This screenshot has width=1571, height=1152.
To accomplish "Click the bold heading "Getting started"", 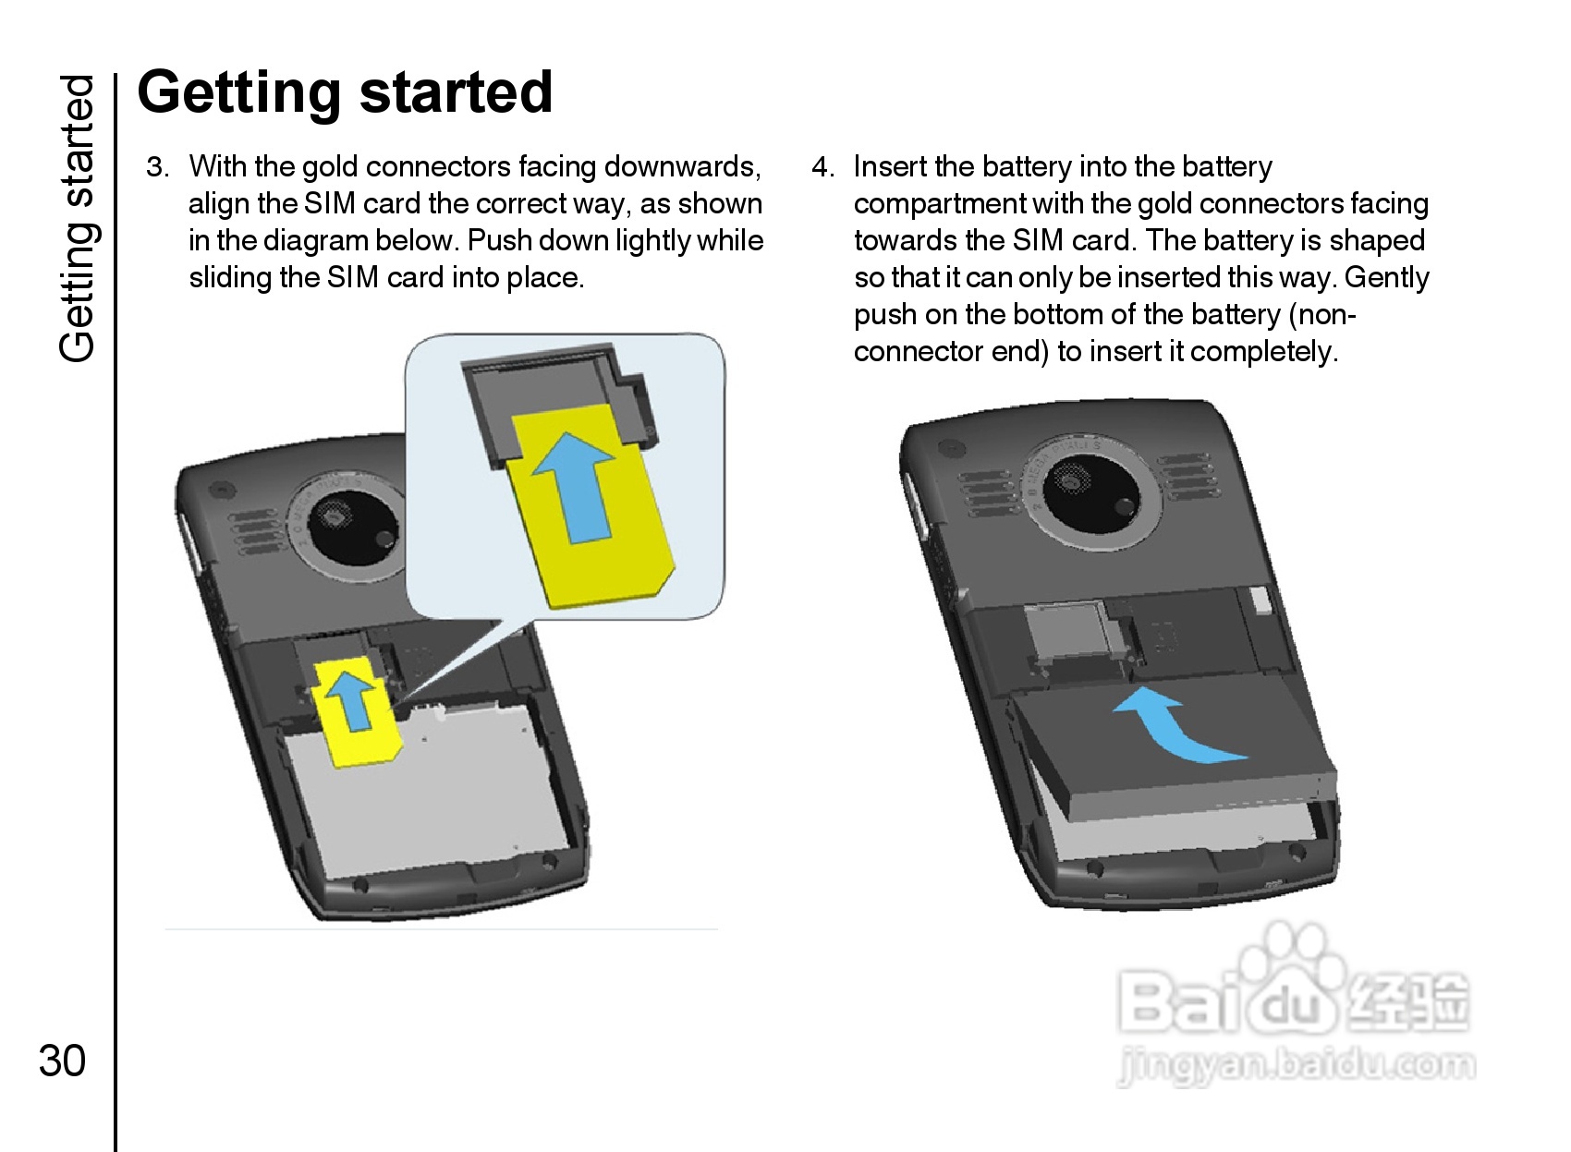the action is (x=345, y=92).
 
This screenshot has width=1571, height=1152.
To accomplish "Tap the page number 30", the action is (x=62, y=1061).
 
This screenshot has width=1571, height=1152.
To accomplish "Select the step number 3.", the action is (x=157, y=167).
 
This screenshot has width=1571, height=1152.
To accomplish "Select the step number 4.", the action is (x=822, y=167).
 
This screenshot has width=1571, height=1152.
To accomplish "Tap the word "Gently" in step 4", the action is (x=1386, y=278).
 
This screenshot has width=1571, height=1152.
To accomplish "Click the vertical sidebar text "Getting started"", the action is (x=78, y=218).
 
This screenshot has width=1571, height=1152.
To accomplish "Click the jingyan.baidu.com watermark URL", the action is (x=1296, y=1065).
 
